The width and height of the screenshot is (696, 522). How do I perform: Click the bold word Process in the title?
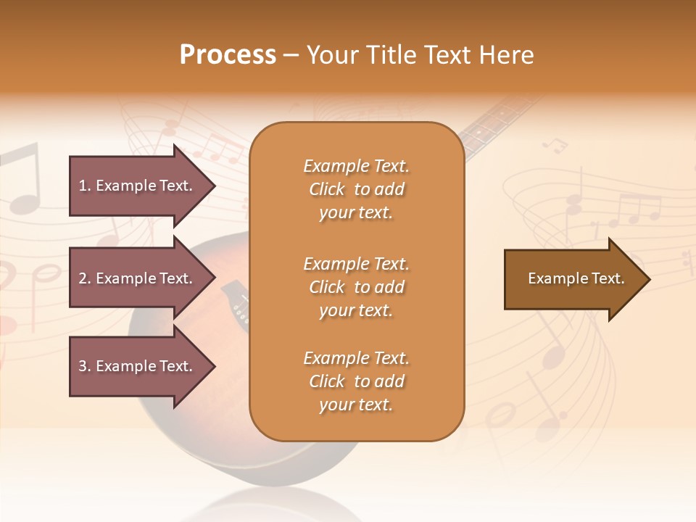click(x=228, y=55)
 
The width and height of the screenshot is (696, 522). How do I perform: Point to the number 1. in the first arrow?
click(x=85, y=186)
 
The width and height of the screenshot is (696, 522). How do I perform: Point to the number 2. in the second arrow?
click(x=85, y=278)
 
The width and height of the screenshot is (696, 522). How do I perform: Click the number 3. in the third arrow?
click(x=85, y=366)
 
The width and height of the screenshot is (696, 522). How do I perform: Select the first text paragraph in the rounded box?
click(x=356, y=189)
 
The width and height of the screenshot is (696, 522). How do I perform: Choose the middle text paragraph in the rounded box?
click(x=356, y=287)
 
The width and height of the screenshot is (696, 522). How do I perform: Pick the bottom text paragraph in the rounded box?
click(x=356, y=381)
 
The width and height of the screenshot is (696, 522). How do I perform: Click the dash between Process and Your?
click(x=291, y=55)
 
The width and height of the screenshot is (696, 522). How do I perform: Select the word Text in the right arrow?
click(x=608, y=278)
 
